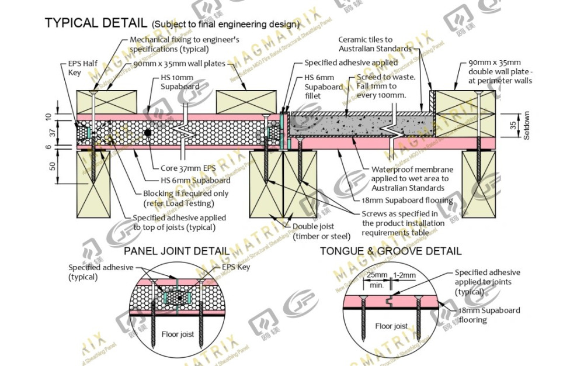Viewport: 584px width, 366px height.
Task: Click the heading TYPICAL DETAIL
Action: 95,23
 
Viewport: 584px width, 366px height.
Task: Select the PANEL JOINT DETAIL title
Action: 176,251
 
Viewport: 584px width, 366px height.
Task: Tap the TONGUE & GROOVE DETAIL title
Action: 391,251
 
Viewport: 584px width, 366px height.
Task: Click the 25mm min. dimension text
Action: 377,279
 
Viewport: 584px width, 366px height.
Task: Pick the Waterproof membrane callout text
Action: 409,178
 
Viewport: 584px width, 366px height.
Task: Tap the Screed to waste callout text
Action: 385,86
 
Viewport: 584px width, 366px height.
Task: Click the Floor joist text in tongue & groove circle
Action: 391,326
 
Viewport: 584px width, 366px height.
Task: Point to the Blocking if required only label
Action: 178,199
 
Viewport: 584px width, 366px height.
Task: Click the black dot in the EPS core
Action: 148,133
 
